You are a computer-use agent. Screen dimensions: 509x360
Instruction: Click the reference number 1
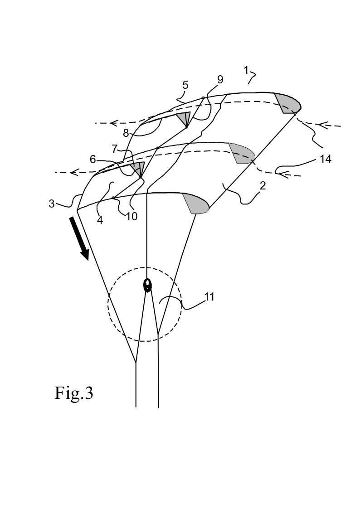[x=247, y=70]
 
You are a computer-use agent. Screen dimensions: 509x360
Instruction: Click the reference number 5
[x=185, y=85]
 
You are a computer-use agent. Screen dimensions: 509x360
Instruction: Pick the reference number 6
[x=93, y=159]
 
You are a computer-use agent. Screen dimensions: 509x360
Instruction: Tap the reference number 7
[x=116, y=149]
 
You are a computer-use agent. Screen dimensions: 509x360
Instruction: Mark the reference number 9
[x=220, y=80]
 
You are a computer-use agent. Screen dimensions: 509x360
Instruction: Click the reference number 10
[x=131, y=216]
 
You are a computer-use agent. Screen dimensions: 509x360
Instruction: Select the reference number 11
[x=209, y=297]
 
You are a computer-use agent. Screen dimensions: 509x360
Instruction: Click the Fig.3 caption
[x=74, y=393]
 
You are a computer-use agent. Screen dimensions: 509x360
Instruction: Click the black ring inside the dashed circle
[x=147, y=285]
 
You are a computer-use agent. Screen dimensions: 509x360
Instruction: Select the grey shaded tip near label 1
[x=288, y=103]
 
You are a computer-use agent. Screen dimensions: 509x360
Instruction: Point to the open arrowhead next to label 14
[x=282, y=172]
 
